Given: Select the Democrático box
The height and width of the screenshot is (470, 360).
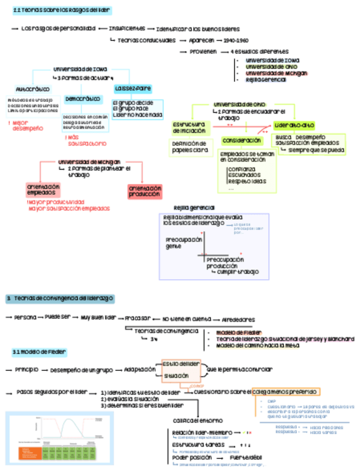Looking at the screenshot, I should click(x=83, y=99).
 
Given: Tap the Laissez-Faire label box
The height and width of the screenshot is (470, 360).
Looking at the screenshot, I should click(x=133, y=89).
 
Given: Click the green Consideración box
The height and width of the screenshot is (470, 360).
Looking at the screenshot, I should click(x=242, y=140).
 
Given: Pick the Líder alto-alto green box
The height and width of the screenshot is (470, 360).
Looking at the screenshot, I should click(x=294, y=125).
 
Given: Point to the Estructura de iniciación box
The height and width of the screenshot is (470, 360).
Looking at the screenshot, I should click(x=188, y=127).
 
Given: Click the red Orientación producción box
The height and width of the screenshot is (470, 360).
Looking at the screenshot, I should click(x=145, y=191).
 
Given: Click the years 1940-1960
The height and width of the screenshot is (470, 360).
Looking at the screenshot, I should click(x=237, y=40).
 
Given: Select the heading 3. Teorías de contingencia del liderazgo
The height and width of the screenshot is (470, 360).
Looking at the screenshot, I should click(x=59, y=298).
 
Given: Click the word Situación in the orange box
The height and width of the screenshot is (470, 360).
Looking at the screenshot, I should click(x=176, y=376).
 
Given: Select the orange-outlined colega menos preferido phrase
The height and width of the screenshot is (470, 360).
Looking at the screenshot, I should click(x=286, y=392).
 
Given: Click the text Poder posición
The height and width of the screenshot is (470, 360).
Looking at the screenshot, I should click(x=191, y=458).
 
